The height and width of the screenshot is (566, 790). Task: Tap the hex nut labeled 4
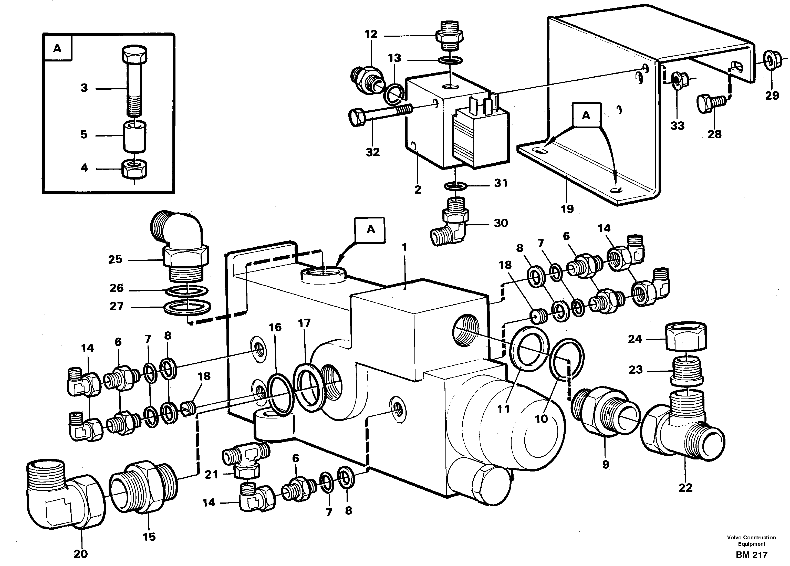coord(134,169)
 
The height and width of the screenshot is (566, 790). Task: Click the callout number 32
coord(372,152)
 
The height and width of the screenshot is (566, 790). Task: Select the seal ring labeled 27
coord(187,307)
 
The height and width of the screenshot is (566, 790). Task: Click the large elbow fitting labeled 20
coord(65,498)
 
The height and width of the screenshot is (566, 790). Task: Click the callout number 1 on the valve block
coord(404,248)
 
